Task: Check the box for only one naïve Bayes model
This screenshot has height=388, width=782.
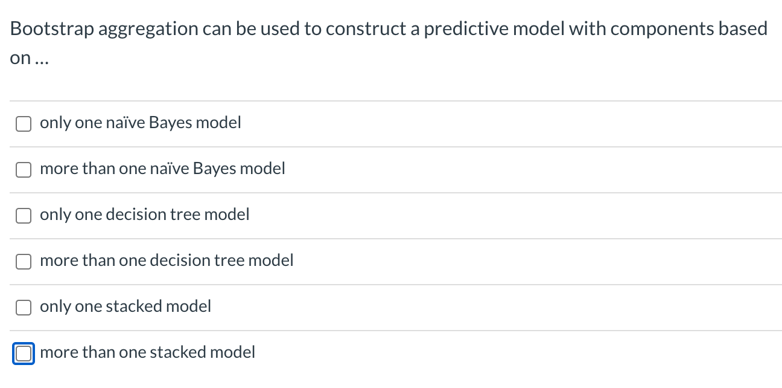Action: tap(24, 123)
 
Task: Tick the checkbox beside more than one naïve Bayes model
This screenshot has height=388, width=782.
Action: tap(24, 170)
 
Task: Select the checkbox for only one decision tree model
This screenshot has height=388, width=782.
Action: tap(24, 216)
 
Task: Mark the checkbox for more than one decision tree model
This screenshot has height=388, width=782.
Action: tap(24, 262)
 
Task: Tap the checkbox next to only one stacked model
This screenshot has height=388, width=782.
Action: tap(24, 308)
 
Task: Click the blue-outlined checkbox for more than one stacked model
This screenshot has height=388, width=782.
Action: tap(24, 353)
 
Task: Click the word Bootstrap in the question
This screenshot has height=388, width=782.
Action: tap(50, 29)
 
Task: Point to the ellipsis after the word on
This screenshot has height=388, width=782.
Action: tap(39, 59)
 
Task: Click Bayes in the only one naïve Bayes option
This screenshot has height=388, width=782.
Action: tap(171, 123)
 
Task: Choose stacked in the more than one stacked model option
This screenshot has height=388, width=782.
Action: tap(178, 352)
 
